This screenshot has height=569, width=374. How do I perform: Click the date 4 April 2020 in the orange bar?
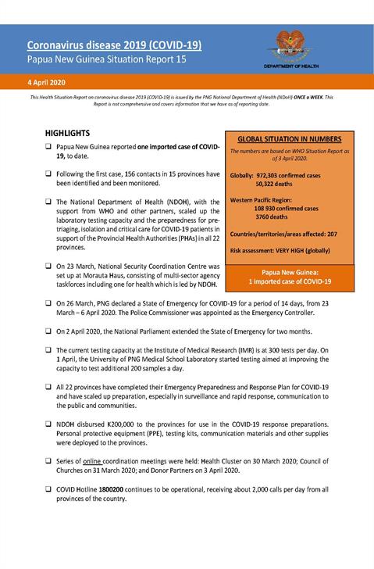[x=48, y=81]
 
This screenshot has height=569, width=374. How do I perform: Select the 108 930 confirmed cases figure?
[x=285, y=209]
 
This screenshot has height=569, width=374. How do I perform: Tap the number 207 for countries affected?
[x=331, y=234]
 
